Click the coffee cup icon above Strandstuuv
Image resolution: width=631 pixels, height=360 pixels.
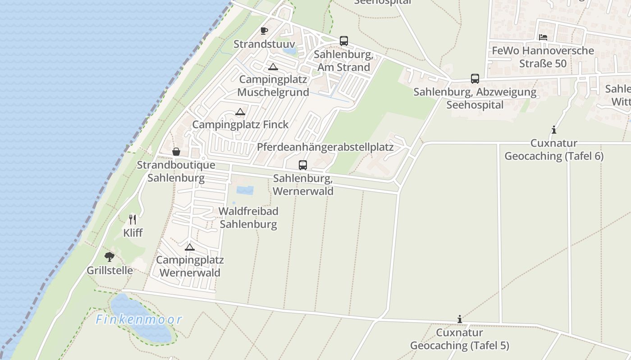click(x=264, y=31)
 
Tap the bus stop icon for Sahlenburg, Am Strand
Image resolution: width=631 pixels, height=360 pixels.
click(x=344, y=41)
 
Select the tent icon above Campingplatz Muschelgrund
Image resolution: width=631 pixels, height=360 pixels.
click(x=273, y=67)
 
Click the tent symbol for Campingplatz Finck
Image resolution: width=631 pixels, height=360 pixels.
click(x=240, y=112)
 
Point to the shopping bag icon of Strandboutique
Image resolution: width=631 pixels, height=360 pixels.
click(x=176, y=152)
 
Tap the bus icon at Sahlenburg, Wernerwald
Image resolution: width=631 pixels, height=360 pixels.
click(x=303, y=165)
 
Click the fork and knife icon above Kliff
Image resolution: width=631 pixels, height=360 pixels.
click(x=133, y=220)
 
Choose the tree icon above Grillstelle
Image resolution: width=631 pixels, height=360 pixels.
click(x=110, y=257)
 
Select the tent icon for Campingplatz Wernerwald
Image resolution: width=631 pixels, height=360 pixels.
click(x=190, y=247)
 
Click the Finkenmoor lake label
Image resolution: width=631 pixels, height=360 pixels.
click(x=139, y=319)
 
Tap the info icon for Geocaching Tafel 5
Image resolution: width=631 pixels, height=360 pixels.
click(x=459, y=319)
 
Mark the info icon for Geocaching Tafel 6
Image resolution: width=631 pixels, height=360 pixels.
click(x=554, y=130)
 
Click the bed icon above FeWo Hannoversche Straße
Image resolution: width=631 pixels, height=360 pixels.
click(x=543, y=37)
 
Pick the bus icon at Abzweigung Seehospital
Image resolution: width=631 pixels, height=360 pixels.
click(x=475, y=79)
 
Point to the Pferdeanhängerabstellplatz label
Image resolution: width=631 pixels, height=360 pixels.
click(x=325, y=147)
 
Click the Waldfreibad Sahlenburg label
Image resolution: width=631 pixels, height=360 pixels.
click(x=248, y=217)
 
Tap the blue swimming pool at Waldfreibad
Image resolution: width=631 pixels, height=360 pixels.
click(x=245, y=190)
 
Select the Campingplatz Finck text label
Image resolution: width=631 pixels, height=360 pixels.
click(x=240, y=125)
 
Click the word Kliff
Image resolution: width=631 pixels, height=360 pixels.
click(x=133, y=233)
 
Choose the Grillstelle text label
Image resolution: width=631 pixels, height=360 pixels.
click(x=110, y=270)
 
